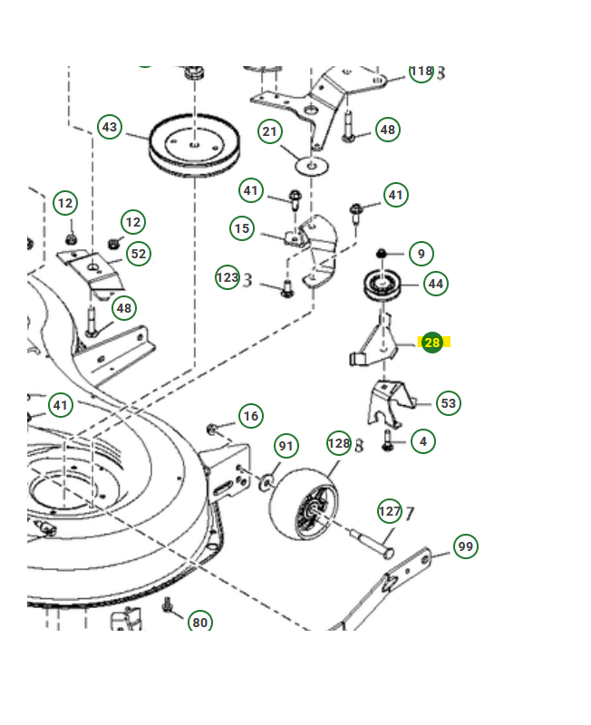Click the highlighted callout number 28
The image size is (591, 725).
pos(432,343)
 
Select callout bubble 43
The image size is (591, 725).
pos(110,128)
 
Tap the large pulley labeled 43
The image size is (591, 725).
pos(195,146)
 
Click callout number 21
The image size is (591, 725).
pos(270,132)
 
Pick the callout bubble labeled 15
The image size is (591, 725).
pos(242,229)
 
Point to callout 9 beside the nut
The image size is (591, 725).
pos(421,253)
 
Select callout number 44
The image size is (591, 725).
pos(436,284)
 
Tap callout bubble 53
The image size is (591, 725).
pos(448,402)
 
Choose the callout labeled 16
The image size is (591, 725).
pos(251,417)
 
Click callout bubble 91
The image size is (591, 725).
pos(286,446)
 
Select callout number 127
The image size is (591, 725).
pos(389,512)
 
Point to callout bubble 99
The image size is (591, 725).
pos(465,546)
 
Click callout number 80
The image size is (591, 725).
pos(200,623)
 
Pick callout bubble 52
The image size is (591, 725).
pos(138,254)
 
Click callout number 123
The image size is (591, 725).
pos(228,277)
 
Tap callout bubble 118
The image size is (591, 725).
pos(421,72)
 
